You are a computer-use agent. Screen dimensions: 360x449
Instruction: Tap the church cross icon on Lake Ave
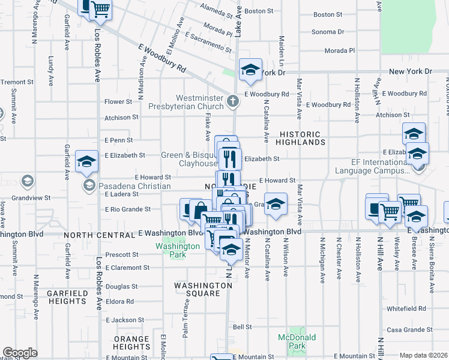point(234,103)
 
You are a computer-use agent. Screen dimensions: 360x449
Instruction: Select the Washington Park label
point(177,250)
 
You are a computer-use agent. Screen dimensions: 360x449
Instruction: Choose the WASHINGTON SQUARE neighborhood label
point(203,290)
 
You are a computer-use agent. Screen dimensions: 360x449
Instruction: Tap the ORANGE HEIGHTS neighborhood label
point(131,343)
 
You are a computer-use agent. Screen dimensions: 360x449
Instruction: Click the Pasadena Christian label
point(134,186)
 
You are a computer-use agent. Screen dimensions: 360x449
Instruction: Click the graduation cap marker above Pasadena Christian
point(87,161)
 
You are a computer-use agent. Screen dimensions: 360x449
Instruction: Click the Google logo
point(20,353)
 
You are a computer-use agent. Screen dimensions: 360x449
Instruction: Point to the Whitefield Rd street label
point(406,308)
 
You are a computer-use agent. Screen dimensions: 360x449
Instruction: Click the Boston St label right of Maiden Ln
point(327,14)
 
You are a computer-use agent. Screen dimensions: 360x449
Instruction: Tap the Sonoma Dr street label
point(328,32)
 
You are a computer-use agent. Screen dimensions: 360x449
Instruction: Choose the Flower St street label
point(118,102)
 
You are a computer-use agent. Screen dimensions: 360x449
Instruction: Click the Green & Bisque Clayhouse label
point(188,159)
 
